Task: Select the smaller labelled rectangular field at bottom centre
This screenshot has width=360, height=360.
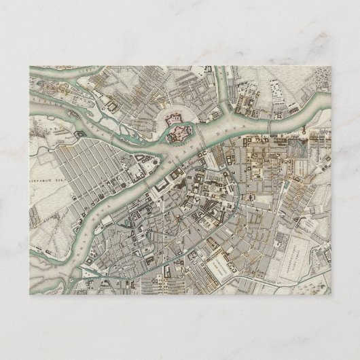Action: (220, 262)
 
